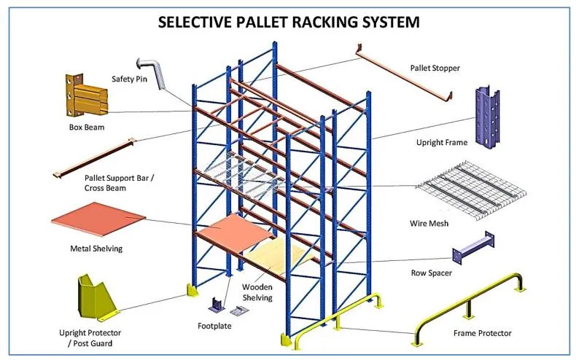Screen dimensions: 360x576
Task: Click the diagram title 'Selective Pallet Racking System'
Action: [x=289, y=21]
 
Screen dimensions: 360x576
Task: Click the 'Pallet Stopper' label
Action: [x=435, y=69]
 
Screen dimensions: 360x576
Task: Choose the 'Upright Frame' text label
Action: [x=442, y=143]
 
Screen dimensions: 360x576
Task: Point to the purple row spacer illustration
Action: [x=473, y=247]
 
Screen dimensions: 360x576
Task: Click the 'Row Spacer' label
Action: [x=432, y=274]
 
